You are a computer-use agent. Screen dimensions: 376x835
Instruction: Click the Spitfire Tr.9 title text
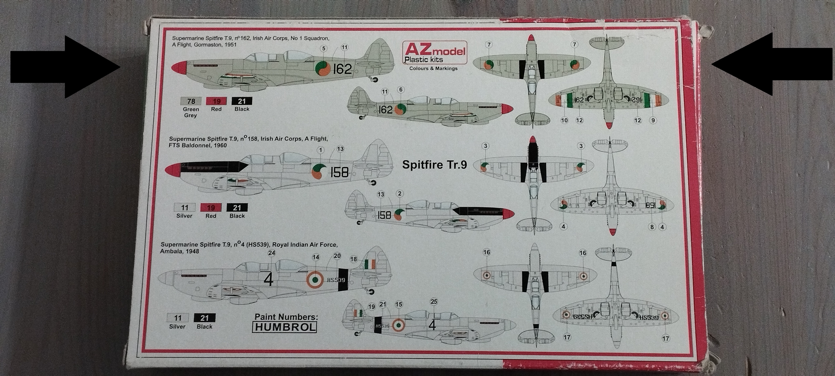[434, 165]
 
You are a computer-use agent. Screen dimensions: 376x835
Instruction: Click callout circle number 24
[271, 253]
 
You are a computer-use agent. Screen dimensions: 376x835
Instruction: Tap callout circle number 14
[315, 257]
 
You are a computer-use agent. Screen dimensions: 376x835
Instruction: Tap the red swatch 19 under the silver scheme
[211, 208]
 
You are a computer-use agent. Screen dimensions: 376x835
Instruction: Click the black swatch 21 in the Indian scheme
[204, 318]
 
